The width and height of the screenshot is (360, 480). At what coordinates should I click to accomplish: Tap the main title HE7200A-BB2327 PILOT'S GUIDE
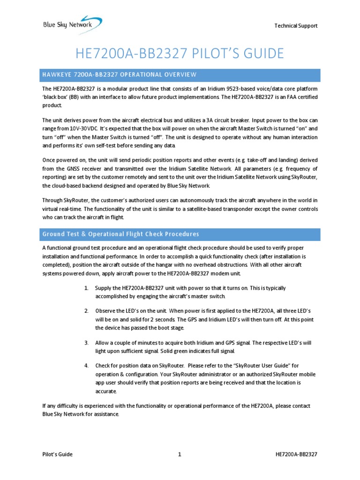pyautogui.click(x=180, y=53)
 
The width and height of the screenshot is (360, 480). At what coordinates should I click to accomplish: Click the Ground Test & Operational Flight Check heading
pyautogui.click(x=120, y=234)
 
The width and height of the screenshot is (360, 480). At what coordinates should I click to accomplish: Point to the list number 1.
pyautogui.click(x=86, y=288)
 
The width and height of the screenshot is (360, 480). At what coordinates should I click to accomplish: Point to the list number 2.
pyautogui.click(x=86, y=311)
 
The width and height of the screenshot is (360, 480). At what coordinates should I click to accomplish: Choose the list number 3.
pyautogui.click(x=86, y=343)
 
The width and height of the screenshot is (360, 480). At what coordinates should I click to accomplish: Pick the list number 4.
pyautogui.click(x=86, y=366)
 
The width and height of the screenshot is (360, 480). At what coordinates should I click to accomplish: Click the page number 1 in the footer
pyautogui.click(x=180, y=454)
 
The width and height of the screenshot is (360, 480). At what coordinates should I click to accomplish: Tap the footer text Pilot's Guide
pyautogui.click(x=57, y=454)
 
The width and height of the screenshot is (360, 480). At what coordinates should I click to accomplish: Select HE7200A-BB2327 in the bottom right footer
pyautogui.click(x=298, y=454)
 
